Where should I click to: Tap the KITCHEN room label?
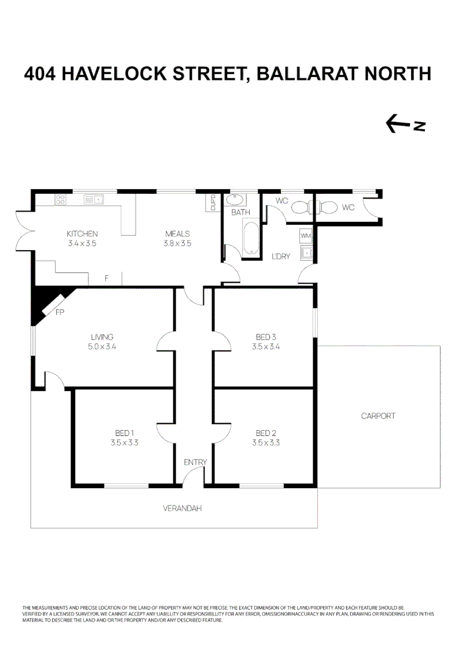point(82,234)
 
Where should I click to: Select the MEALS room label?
point(177,234)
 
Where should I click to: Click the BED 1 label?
point(124,433)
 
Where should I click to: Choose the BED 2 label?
point(266,433)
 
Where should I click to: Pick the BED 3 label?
point(266,337)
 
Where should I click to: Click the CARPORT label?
point(378,416)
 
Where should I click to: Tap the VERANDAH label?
point(182,509)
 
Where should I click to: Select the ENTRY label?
point(195,462)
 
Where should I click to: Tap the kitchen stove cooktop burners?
point(60,200)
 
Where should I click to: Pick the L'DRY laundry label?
point(281,257)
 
